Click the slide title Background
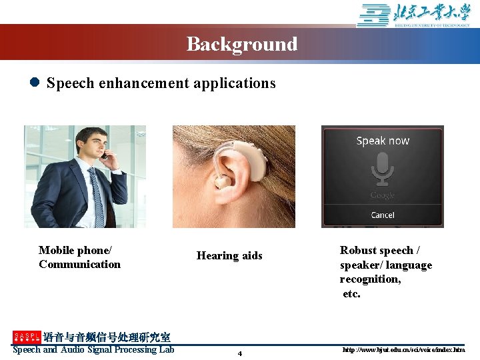click(x=241, y=44)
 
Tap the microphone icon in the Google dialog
click(x=383, y=169)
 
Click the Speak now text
click(x=383, y=141)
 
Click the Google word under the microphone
click(x=383, y=195)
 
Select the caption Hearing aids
click(x=229, y=256)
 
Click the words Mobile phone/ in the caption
click(x=75, y=250)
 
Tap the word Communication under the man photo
click(x=79, y=265)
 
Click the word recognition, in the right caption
click(x=371, y=279)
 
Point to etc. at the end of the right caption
click(x=351, y=293)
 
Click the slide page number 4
click(x=240, y=353)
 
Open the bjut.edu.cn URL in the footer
click(x=403, y=350)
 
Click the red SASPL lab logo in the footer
click(x=27, y=337)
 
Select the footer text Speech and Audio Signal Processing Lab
click(x=93, y=349)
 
